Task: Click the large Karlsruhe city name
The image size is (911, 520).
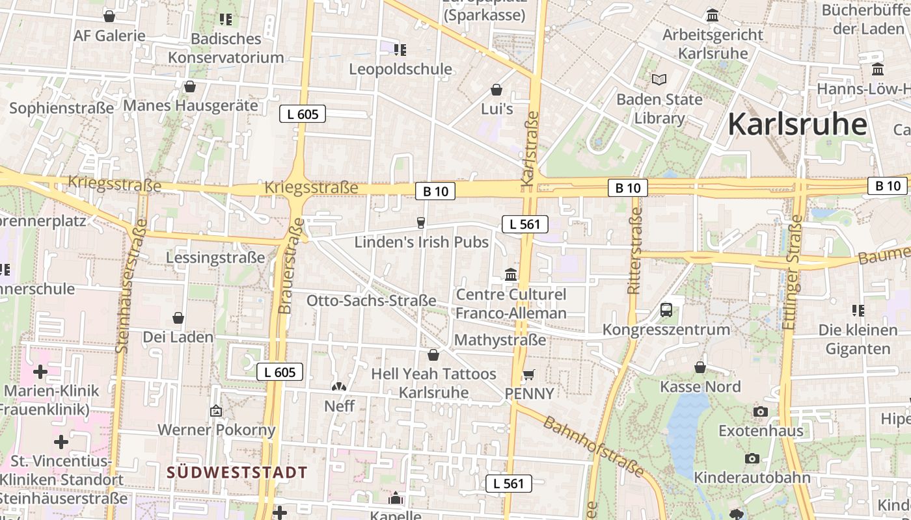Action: pyautogui.click(x=797, y=123)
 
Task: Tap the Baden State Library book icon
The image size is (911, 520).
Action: pyautogui.click(x=659, y=79)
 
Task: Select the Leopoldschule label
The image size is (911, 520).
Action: pyautogui.click(x=400, y=69)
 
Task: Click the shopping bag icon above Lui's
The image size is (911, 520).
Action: pyautogui.click(x=496, y=90)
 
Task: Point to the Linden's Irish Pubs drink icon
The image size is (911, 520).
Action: pyautogui.click(x=421, y=223)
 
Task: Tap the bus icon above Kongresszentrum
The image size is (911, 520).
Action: pyautogui.click(x=666, y=309)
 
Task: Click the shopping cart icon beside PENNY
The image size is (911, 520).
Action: pyautogui.click(x=528, y=374)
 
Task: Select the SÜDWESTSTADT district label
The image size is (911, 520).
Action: pyautogui.click(x=237, y=473)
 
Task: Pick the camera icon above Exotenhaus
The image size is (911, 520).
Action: pyautogui.click(x=760, y=411)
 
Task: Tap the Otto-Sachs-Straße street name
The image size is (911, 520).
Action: pyautogui.click(x=371, y=301)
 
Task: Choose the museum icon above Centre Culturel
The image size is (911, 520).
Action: pyautogui.click(x=511, y=274)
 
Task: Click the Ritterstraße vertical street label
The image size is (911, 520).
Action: pyautogui.click(x=635, y=251)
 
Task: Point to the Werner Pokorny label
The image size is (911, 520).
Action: pyautogui.click(x=217, y=430)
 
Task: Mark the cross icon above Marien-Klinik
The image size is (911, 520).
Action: pyautogui.click(x=40, y=372)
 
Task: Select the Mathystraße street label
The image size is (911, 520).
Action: pyautogui.click(x=500, y=340)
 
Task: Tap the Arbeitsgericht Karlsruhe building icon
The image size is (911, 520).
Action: pyautogui.click(x=713, y=15)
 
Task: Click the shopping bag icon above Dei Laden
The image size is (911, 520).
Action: pyautogui.click(x=178, y=318)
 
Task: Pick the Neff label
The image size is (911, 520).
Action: pyautogui.click(x=340, y=406)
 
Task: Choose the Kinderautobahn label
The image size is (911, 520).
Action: pyautogui.click(x=752, y=478)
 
